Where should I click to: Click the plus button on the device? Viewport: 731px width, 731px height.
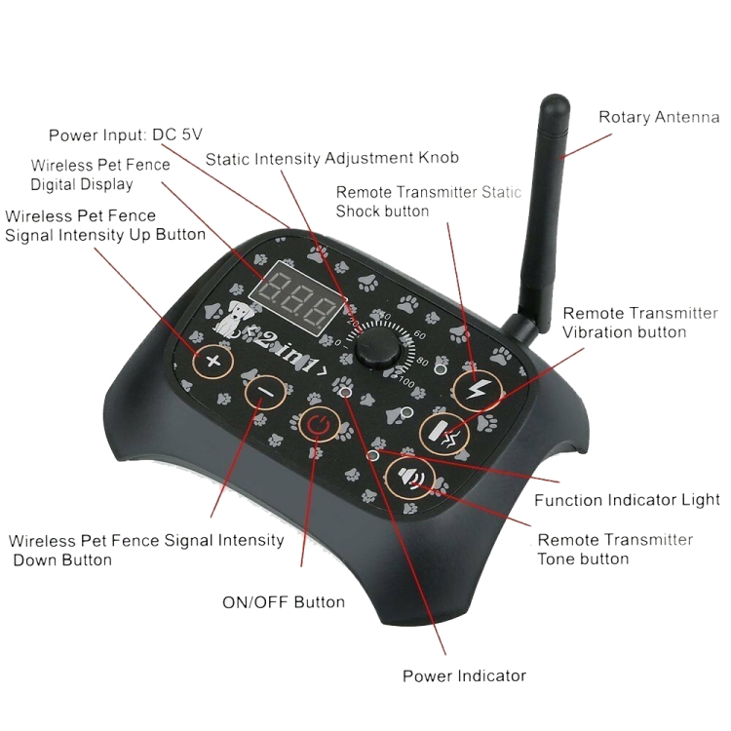(213, 363)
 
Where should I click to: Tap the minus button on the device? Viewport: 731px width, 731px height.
(263, 393)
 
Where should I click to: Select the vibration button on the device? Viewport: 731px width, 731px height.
(444, 433)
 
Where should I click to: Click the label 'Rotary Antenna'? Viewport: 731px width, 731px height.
(658, 118)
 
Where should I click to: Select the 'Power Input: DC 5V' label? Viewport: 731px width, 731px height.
(132, 135)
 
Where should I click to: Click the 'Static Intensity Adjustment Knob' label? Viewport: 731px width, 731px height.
(331, 158)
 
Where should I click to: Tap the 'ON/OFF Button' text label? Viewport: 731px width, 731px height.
(284, 601)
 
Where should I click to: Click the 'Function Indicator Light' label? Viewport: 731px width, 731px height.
(627, 500)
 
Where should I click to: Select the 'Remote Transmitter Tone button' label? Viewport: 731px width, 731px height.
(615, 549)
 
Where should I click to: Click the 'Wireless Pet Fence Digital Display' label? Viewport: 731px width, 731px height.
(100, 174)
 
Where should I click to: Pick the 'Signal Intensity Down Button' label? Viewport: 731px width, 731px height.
(146, 550)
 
